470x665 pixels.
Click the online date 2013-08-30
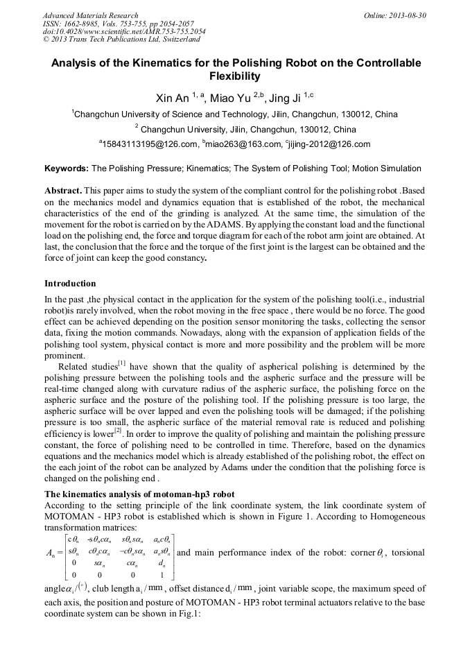click(408, 15)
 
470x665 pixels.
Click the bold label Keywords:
click(67, 169)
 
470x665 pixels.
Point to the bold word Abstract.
click(63, 190)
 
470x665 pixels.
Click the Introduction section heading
click(70, 284)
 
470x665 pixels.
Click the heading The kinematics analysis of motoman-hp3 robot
click(139, 494)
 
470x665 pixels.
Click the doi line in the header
click(124, 31)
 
